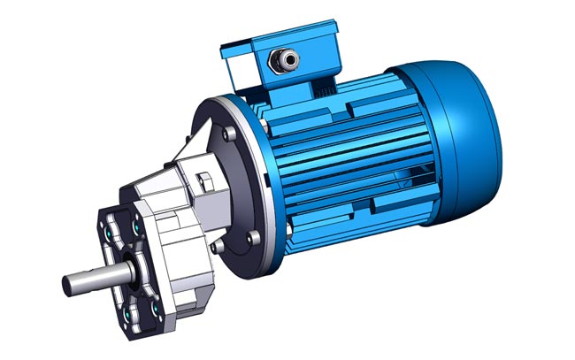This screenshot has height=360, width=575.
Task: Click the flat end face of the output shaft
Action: point(67,285)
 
